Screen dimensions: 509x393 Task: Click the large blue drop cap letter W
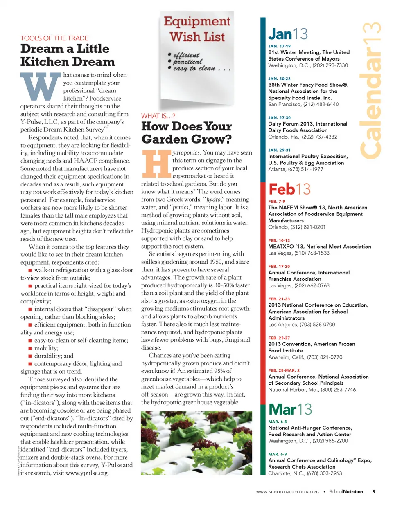coord(40,87)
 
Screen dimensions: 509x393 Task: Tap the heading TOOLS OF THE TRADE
coord(54,38)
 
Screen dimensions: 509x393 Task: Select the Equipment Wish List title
coord(197,29)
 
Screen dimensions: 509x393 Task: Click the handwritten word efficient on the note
coord(186,55)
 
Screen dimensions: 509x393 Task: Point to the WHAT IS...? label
coord(158,116)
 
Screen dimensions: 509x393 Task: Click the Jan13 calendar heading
coord(288,34)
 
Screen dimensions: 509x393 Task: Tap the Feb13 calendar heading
coord(289,189)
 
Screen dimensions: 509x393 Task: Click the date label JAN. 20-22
coord(279,78)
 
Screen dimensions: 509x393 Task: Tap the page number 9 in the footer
coord(374,491)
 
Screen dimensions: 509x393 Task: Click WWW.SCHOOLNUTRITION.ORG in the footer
coord(287,492)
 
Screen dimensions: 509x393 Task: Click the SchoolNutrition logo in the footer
coord(346,491)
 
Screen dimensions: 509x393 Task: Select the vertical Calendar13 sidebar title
coord(370,90)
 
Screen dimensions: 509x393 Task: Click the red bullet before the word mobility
coord(30,348)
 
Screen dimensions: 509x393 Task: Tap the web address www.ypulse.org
coord(87,473)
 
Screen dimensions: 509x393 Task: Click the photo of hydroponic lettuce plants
coord(196,443)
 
